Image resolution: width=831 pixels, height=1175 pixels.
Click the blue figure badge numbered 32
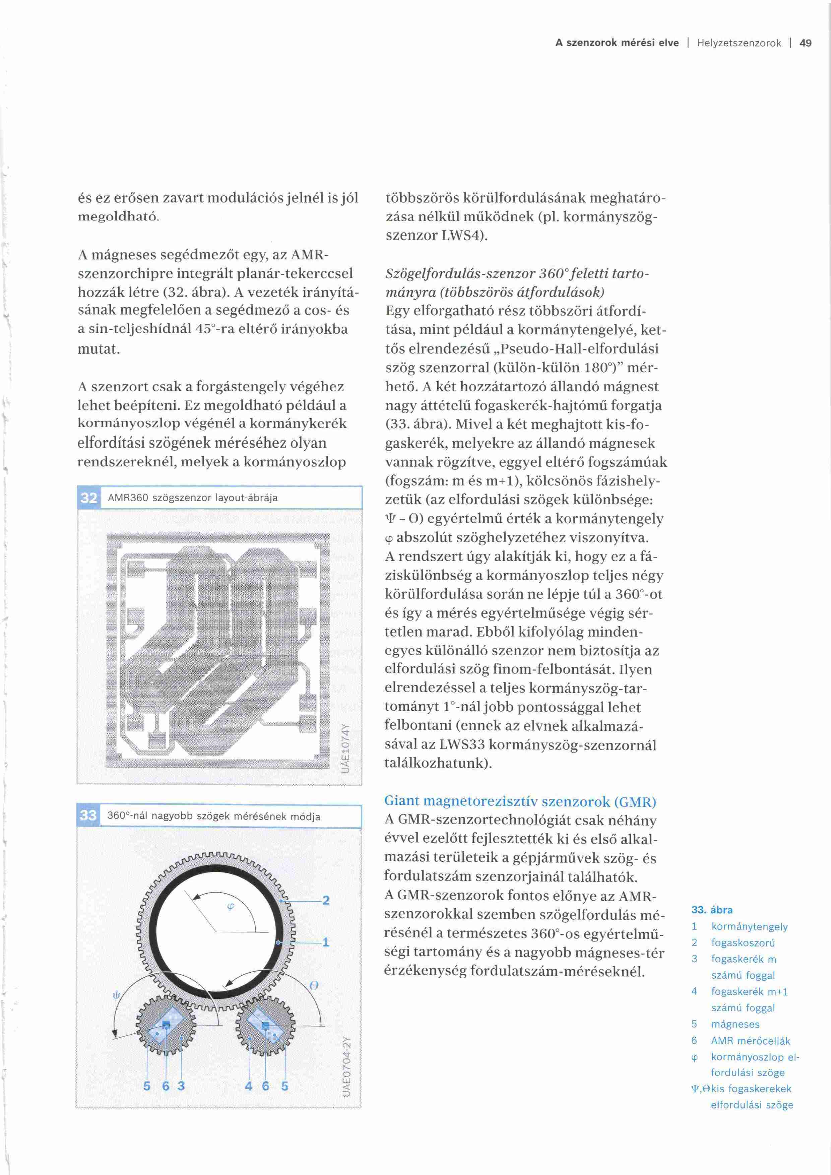pyautogui.click(x=88, y=498)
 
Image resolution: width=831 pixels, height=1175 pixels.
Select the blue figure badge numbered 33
pyautogui.click(x=88, y=815)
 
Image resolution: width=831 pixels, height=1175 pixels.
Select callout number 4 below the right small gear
pyautogui.click(x=249, y=1086)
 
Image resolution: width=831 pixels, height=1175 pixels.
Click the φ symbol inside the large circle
pyautogui.click(x=230, y=907)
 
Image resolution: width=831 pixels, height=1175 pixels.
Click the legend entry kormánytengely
pyautogui.click(x=749, y=926)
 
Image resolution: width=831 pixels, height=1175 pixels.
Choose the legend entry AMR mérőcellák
pyautogui.click(x=750, y=1040)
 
